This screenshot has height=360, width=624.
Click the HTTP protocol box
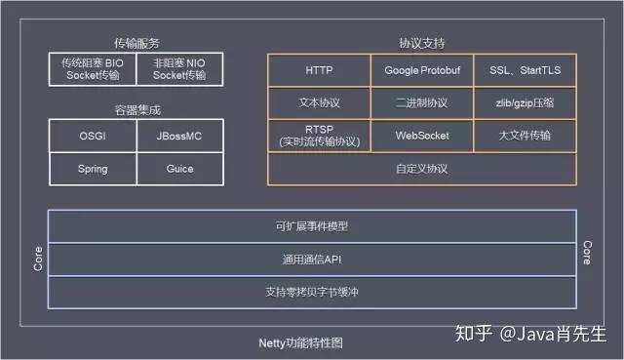pyautogui.click(x=319, y=70)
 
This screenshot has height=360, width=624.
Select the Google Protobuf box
pyautogui.click(x=422, y=70)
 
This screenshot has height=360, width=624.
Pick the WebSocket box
pyautogui.click(x=422, y=135)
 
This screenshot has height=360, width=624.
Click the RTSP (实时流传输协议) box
pyautogui.click(x=319, y=135)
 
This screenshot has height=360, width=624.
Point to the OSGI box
pyautogui.click(x=93, y=136)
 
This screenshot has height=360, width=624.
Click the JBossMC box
pyautogui.click(x=179, y=136)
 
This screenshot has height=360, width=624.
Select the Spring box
pyautogui.click(x=93, y=169)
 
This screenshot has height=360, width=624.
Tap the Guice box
pyautogui.click(x=179, y=169)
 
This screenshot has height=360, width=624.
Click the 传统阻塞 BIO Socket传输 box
pyautogui.click(x=93, y=68)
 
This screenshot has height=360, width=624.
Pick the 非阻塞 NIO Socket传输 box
pyautogui.click(x=179, y=68)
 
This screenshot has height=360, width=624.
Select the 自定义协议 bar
pyautogui.click(x=422, y=168)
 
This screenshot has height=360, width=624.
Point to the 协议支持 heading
pyautogui.click(x=422, y=43)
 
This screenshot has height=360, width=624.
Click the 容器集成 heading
pyautogui.click(x=136, y=109)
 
